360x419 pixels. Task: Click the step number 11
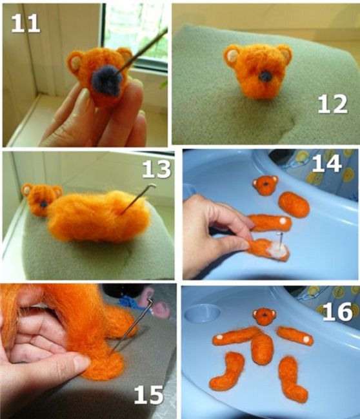[25, 23]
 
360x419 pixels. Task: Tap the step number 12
[332, 104]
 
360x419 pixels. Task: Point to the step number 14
[327, 163]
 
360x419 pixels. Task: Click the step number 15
[148, 395]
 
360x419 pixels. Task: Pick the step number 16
[337, 311]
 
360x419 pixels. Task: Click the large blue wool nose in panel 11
[106, 81]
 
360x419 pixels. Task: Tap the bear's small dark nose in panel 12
[265, 77]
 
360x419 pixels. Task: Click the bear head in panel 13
[40, 199]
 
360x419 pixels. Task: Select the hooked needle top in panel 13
[152, 186]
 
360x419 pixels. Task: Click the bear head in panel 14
[265, 184]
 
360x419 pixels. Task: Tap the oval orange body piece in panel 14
[294, 204]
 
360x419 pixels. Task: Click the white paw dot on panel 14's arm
[283, 221]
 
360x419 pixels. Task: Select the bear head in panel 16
[265, 317]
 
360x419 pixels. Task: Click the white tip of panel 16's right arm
[307, 339]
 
